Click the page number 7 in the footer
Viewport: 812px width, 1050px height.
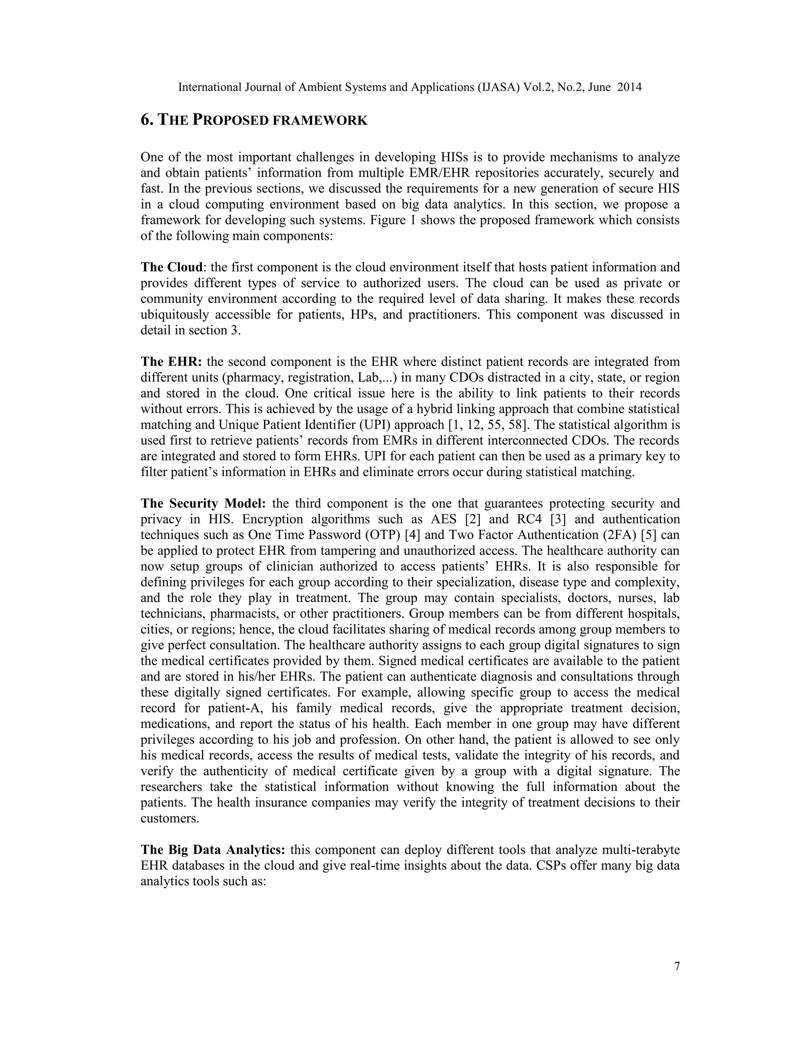click(677, 966)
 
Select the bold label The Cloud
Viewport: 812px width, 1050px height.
click(171, 267)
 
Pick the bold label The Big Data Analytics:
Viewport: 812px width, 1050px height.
click(213, 850)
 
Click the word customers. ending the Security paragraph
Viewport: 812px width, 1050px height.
click(170, 818)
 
